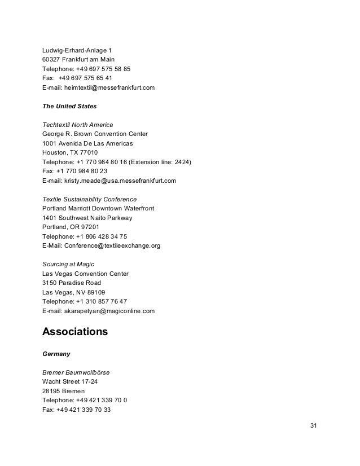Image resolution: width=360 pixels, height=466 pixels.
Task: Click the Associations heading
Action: (74, 332)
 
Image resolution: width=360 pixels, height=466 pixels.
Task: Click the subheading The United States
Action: (67, 106)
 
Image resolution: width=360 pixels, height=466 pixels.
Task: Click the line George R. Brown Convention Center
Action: (95, 134)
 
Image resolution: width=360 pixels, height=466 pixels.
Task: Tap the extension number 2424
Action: (181, 162)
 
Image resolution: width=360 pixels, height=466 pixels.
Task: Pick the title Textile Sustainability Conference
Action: (89, 199)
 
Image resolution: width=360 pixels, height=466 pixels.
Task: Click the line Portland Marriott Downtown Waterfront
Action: (99, 208)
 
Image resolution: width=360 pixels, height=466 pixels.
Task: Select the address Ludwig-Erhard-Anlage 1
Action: (77, 51)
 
